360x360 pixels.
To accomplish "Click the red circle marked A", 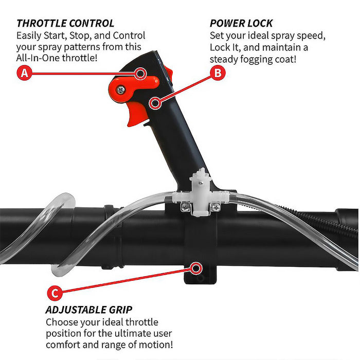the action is pyautogui.click(x=24, y=73).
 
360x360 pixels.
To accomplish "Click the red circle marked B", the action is pyautogui.click(x=218, y=73).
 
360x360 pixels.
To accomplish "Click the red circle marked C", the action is pyautogui.click(x=55, y=293).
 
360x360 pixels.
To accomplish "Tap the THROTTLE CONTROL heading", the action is pyautogui.click(x=65, y=24).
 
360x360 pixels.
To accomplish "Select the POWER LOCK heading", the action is pyautogui.click(x=241, y=24).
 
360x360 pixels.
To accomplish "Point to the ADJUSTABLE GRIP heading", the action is pyautogui.click(x=89, y=310).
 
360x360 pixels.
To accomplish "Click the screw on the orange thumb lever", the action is pyautogui.click(x=120, y=90).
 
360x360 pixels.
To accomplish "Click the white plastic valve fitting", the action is pyautogui.click(x=200, y=193).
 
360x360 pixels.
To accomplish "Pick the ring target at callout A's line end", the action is pyautogui.click(x=140, y=74).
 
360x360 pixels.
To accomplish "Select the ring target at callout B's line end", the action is pyautogui.click(x=155, y=103).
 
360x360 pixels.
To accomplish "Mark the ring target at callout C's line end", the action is pyautogui.click(x=196, y=268).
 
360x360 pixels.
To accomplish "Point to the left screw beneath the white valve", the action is pyautogui.click(x=185, y=207).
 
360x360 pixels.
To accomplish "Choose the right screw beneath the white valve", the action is pyautogui.click(x=216, y=207).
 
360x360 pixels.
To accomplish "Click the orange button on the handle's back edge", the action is pyautogui.click(x=168, y=73).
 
